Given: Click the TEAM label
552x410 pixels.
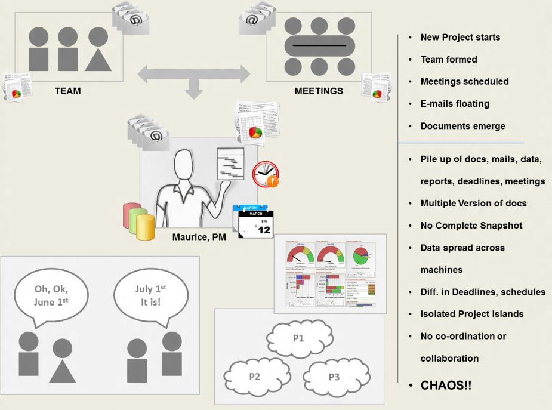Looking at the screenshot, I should (67, 91).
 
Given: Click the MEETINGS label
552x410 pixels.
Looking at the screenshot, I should (319, 91).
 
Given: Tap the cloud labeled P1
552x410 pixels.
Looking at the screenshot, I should (298, 338).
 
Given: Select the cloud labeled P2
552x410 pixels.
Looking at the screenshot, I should (255, 377).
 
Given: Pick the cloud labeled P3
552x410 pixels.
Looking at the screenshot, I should (334, 377).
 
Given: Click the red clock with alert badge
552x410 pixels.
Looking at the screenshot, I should (265, 174).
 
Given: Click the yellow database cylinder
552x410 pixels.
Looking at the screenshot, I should (145, 227).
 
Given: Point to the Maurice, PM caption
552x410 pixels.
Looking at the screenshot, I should (199, 238).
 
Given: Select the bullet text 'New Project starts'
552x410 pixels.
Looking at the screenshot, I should (460, 37).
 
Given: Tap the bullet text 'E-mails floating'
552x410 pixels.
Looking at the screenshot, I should (455, 104).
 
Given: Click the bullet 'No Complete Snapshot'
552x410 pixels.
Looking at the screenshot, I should (471, 226).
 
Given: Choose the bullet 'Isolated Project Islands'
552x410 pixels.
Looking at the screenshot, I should (472, 314).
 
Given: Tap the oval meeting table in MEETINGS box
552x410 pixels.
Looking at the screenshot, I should (319, 46).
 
